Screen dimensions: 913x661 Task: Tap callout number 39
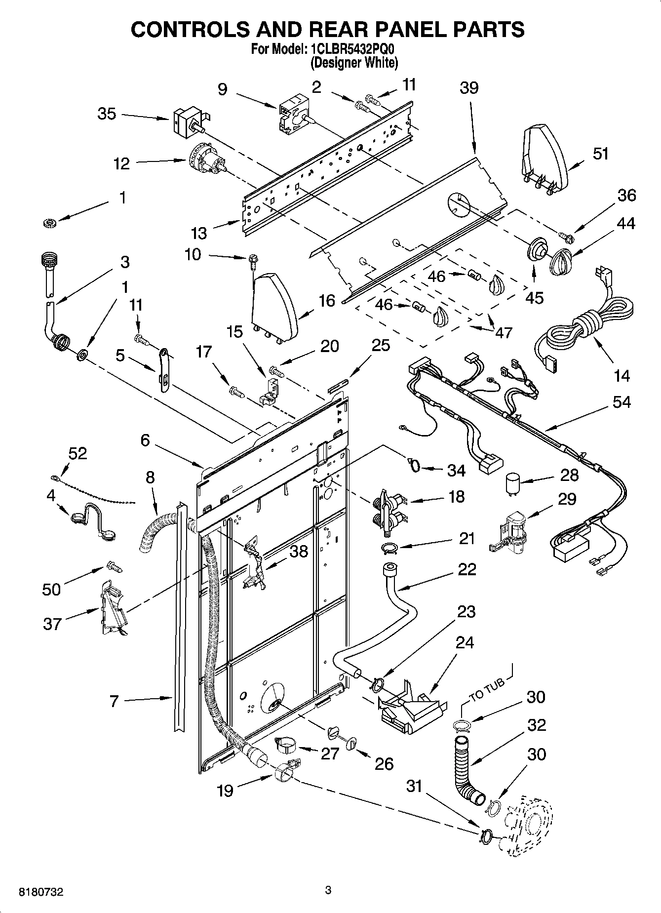tap(469, 88)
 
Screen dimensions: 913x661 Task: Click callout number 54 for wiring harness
tap(622, 402)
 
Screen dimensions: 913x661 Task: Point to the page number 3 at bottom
tap(328, 890)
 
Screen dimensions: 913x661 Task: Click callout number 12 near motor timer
tap(121, 163)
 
